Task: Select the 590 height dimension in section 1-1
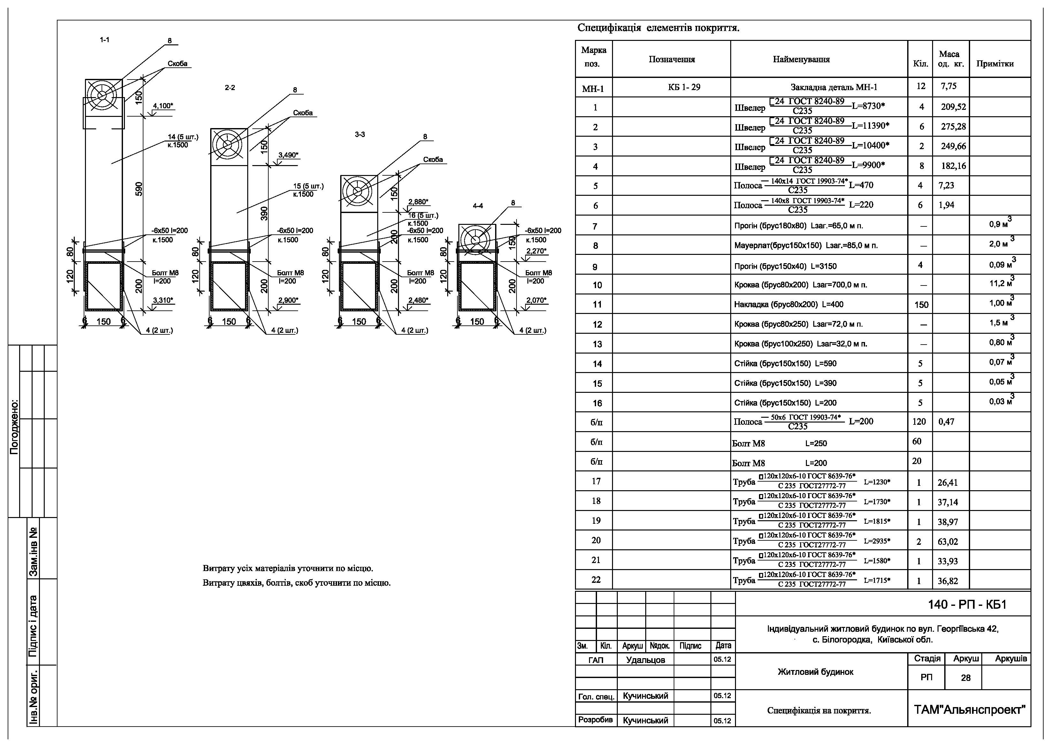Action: tap(139, 189)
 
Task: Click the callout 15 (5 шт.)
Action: tap(309, 187)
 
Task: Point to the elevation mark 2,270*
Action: tap(536, 251)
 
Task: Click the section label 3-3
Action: tap(360, 134)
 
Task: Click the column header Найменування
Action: tap(801, 59)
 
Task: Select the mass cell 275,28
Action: tap(954, 126)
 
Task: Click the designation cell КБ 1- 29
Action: tap(684, 87)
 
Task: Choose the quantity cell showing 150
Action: tap(921, 305)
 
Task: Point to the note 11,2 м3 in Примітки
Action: tap(1002, 282)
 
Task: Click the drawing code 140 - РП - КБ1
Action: tap(967, 604)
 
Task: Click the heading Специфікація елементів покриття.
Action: tap(658, 28)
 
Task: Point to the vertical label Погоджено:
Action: tap(15, 427)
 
